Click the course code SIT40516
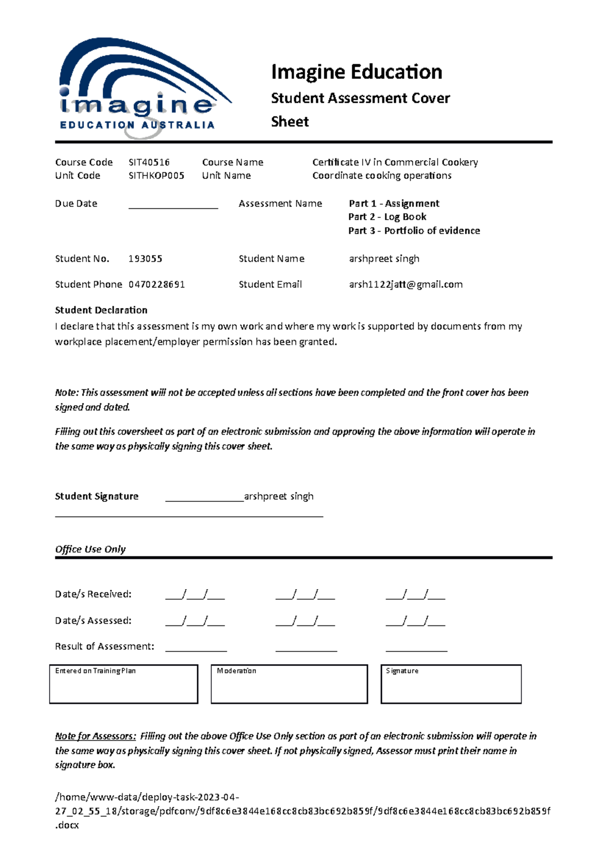click(149, 162)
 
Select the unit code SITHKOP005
click(156, 175)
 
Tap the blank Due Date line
click(173, 205)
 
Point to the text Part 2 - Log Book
click(387, 217)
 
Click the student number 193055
click(145, 259)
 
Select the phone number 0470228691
click(156, 285)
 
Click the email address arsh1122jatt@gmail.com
click(405, 285)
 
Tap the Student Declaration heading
click(101, 310)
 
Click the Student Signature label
click(97, 496)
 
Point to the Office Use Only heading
click(90, 550)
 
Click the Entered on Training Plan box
click(123, 684)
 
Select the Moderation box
click(289, 684)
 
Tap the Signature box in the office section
click(451, 684)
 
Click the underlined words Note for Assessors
click(95, 736)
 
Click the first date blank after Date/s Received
click(195, 595)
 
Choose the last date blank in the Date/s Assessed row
click(415, 621)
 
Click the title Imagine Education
click(356, 72)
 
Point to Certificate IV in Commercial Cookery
click(395, 162)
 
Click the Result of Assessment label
click(104, 647)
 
